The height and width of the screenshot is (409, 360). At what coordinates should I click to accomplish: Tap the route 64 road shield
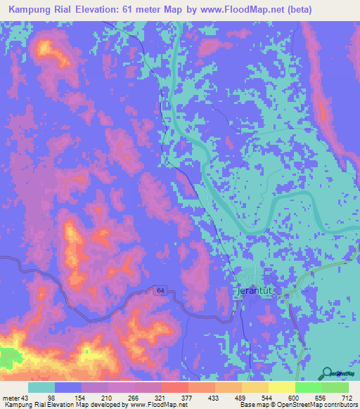tap(160, 290)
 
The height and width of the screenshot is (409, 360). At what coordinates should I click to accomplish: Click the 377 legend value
tap(188, 397)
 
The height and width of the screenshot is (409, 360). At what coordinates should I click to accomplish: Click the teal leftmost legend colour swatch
tap(41, 387)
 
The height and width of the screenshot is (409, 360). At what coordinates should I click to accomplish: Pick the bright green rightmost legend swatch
tap(335, 387)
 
